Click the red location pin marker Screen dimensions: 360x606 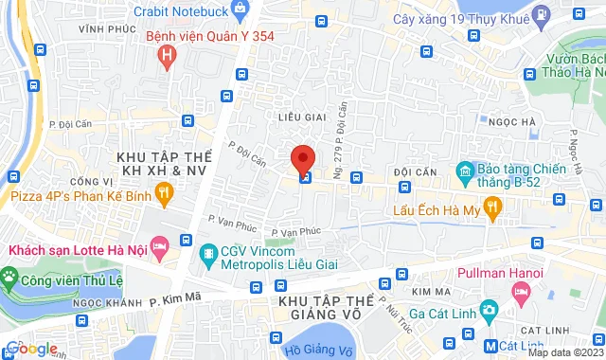point(302,159)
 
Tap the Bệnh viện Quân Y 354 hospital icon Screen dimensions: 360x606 point(168,58)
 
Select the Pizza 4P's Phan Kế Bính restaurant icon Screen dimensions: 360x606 point(165,195)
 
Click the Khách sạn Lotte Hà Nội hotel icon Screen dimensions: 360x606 point(159,249)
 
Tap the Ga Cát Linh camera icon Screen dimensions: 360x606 point(489,311)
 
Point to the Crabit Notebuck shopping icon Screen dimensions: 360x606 point(240,11)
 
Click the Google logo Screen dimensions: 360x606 point(30,349)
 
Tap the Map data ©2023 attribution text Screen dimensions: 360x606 point(565,352)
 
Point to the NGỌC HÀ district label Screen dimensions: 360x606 point(514,121)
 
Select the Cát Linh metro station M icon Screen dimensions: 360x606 point(490,346)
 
